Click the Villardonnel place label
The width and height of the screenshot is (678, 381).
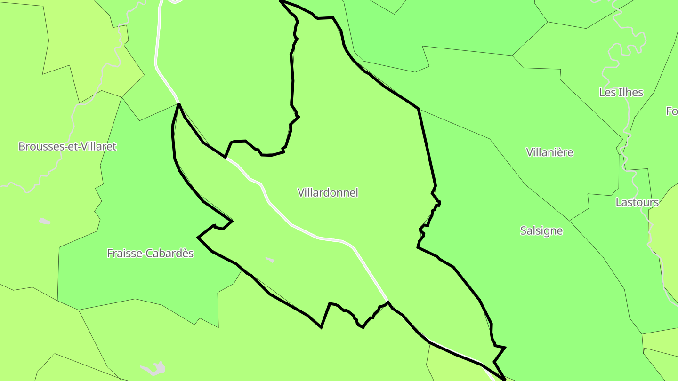[328, 192]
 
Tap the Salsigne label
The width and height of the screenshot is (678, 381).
[541, 230]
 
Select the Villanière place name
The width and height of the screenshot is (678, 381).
[549, 152]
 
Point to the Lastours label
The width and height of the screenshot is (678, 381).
[637, 203]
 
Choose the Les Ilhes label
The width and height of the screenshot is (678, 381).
[621, 92]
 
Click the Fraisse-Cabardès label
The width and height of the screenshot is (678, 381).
[150, 253]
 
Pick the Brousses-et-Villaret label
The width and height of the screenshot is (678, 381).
[67, 146]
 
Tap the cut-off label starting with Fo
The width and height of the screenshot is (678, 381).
[672, 111]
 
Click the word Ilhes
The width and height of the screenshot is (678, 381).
[631, 92]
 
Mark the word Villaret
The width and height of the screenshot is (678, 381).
[98, 146]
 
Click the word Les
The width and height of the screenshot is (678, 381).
[607, 92]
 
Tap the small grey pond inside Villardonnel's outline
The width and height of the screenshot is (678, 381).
[269, 259]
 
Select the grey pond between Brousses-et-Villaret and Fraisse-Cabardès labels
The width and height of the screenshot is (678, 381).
[44, 221]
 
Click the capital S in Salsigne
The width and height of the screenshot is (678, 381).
[524, 230]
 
